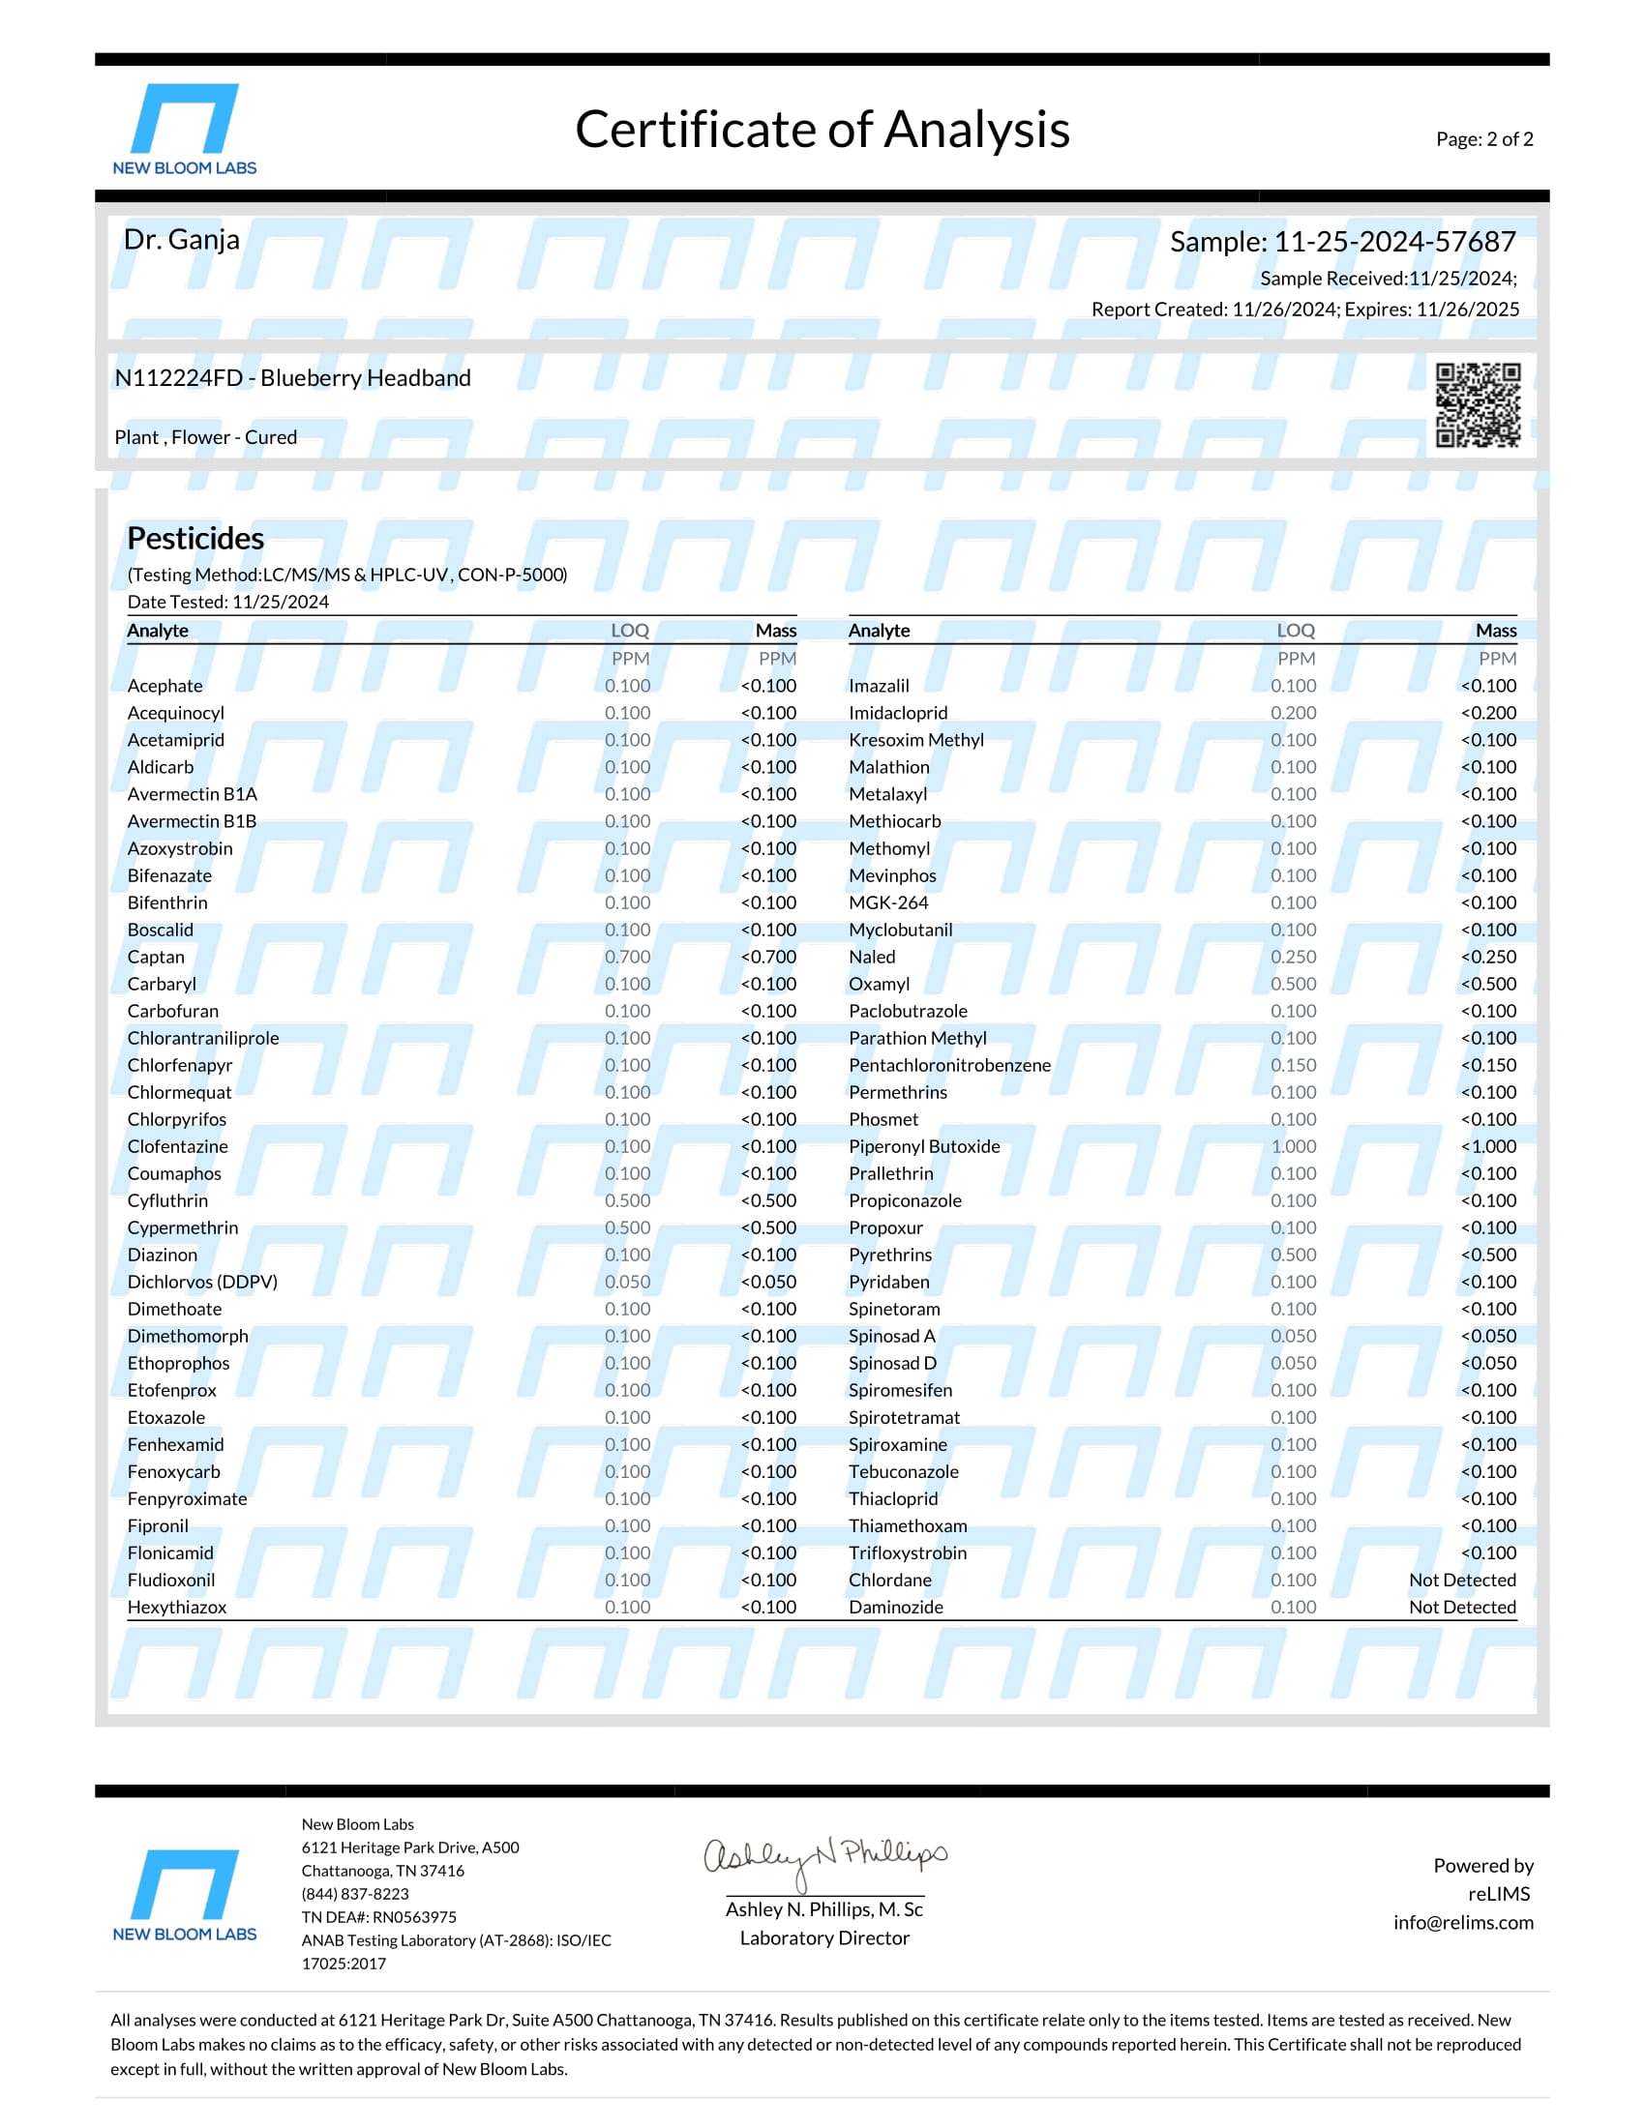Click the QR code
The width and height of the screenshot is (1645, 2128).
tap(1478, 404)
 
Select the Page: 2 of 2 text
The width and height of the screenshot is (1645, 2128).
tap(1483, 139)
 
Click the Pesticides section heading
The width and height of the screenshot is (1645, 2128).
tap(194, 538)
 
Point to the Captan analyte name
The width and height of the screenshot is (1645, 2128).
tap(156, 957)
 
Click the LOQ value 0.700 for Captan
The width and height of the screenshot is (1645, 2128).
tap(627, 957)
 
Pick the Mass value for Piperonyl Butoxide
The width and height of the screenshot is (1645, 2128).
tap(1488, 1147)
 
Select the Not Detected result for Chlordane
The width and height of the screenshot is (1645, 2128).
tap(1462, 1581)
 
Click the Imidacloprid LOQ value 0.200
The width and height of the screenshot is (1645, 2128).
tap(1292, 713)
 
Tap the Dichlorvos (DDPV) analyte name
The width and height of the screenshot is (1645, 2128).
tap(201, 1283)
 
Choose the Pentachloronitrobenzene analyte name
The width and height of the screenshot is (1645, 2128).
tap(949, 1065)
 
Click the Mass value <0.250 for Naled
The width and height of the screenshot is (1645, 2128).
tap(1488, 957)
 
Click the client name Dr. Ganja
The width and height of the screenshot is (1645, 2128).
tap(181, 240)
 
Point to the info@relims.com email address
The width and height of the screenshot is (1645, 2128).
tap(1462, 1922)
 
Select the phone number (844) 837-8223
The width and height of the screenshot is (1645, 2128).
tap(355, 1894)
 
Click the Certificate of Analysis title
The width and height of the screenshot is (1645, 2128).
tap(822, 130)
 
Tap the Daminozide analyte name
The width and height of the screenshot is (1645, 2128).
tap(896, 1608)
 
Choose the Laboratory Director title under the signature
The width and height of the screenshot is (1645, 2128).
tap(824, 1938)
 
